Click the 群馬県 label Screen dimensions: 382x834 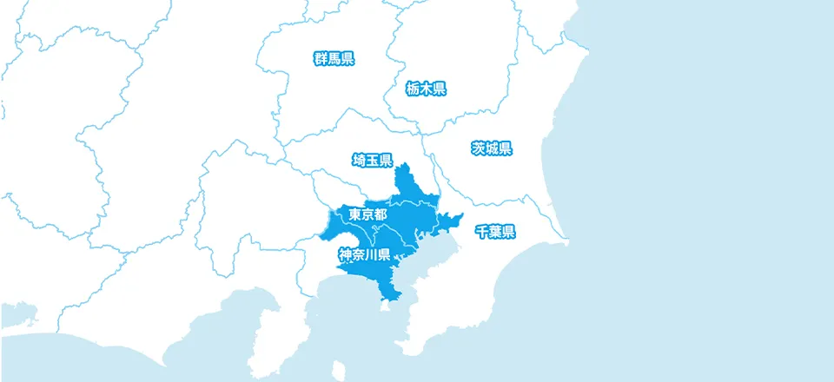coord(334,59)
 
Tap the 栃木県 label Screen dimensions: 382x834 coord(426,88)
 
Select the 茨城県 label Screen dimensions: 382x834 coord(492,148)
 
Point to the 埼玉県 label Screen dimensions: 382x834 coord(373,161)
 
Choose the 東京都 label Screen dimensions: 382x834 coord(368,214)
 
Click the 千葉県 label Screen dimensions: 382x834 coord(495,232)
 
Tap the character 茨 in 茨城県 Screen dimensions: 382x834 coord(478,148)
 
